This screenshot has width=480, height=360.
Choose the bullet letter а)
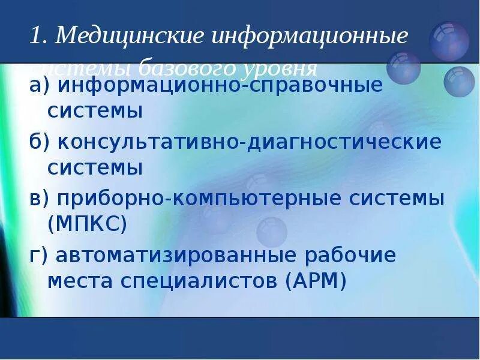tap(40, 86)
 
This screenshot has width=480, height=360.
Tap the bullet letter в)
tap(40, 199)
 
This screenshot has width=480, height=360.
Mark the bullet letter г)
tap(38, 256)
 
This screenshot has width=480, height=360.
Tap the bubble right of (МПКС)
tap(272, 232)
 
